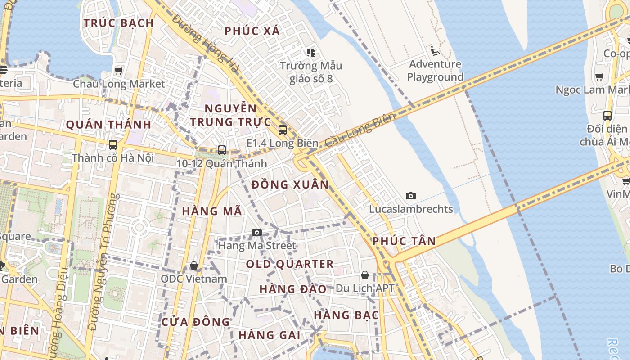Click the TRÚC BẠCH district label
coord(119,23)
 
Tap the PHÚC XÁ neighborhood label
coord(252,31)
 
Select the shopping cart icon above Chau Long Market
coord(119,71)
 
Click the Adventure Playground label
coord(435,71)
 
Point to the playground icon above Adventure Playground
coord(435,50)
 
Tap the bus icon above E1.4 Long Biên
coord(283,130)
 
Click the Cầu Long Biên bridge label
coord(360,130)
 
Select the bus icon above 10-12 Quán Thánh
coord(221,150)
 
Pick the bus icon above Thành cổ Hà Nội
coord(113,145)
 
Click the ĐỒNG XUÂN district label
coord(290,185)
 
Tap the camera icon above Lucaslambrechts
coord(410,196)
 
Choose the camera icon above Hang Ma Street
coord(257,232)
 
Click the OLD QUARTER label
coord(290,264)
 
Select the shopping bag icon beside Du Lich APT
coord(365,274)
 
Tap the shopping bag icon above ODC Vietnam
coord(194,265)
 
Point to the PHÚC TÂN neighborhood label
coord(404,241)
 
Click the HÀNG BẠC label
coord(346,315)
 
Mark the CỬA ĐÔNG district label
coord(195,322)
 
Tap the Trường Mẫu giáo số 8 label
coord(311,72)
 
